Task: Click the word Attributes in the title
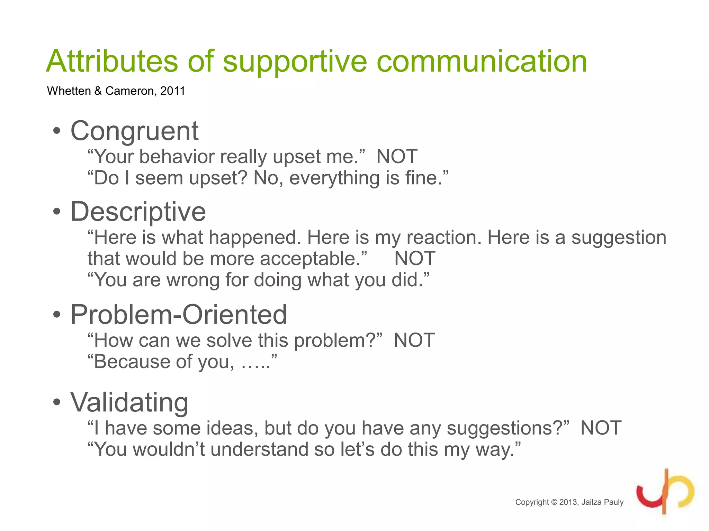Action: [112, 61]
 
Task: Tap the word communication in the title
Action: [482, 61]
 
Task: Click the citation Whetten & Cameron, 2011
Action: [116, 91]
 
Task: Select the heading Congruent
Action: [134, 131]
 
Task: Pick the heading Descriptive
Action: [138, 212]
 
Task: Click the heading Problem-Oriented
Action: [179, 315]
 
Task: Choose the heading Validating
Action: [129, 402]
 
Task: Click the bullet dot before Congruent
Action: [57, 131]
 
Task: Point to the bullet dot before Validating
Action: [57, 402]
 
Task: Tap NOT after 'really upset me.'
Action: [397, 157]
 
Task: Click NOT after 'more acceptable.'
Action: [415, 259]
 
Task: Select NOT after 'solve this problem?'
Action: [414, 341]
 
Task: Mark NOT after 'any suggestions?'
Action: [601, 428]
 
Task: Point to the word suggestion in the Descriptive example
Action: [619, 238]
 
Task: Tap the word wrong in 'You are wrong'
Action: [193, 280]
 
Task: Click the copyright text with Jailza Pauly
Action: [569, 502]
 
